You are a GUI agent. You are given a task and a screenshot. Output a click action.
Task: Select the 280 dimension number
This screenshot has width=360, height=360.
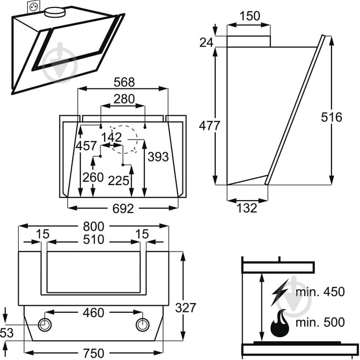point(123,99)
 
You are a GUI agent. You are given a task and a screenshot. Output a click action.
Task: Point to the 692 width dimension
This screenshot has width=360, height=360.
point(123,209)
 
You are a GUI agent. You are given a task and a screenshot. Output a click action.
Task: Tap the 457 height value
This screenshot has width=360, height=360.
point(86,145)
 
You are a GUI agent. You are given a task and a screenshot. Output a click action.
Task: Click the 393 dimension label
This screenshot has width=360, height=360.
point(158,157)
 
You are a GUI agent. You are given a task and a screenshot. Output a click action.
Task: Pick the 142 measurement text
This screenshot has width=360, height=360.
point(112,137)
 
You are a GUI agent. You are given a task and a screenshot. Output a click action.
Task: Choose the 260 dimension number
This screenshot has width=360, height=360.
point(94,178)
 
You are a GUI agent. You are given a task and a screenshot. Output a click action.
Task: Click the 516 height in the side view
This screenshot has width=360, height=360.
point(332,117)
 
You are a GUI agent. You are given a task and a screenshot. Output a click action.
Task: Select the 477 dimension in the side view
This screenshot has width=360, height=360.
point(210,126)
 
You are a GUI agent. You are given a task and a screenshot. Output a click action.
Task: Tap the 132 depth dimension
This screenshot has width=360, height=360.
point(247,208)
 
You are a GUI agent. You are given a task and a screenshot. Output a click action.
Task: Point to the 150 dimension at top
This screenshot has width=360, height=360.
point(249,16)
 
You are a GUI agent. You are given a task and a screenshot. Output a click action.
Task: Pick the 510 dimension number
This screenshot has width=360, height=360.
point(93,239)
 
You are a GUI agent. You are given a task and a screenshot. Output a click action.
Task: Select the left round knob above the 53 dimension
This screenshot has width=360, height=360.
point(45,325)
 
